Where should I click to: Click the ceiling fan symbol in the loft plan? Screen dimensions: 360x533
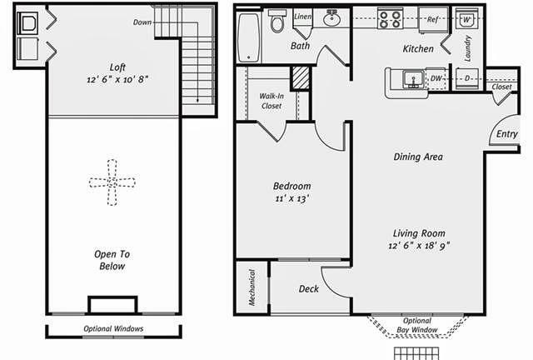(x=111, y=181)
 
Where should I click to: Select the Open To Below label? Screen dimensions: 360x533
(x=111, y=260)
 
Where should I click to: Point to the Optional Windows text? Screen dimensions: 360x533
(x=113, y=328)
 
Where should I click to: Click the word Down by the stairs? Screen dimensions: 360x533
(x=142, y=22)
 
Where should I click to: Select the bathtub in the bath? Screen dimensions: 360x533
(x=248, y=37)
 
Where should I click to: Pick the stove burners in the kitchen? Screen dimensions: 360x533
(x=389, y=18)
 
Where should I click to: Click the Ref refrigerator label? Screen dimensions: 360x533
(x=432, y=17)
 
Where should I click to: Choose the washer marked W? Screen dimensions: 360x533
(x=466, y=19)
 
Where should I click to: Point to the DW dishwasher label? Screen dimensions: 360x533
(x=436, y=78)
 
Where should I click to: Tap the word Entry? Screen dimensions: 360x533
(x=506, y=133)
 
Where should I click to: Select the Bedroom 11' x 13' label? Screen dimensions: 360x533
(x=291, y=192)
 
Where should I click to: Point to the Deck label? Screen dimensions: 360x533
(x=308, y=289)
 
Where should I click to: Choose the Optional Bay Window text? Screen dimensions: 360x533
(x=416, y=324)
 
